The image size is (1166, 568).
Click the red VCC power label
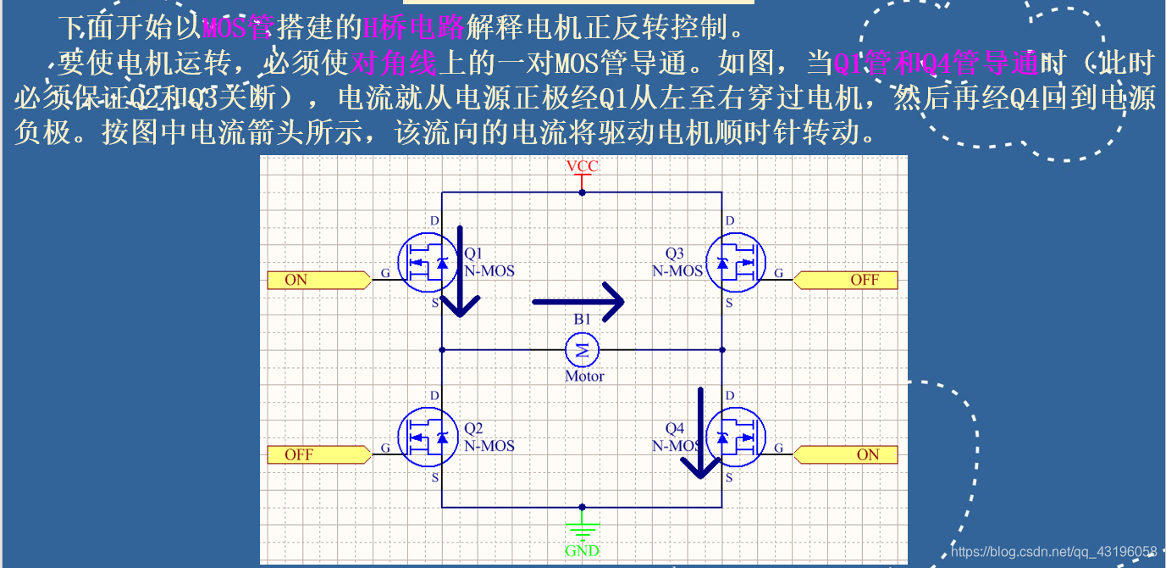pyautogui.click(x=582, y=166)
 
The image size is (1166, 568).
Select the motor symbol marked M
pyautogui.click(x=582, y=348)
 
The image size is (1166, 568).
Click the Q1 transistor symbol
pyautogui.click(x=428, y=263)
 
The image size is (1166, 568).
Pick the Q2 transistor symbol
pyautogui.click(x=428, y=437)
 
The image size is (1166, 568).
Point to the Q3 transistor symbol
pyautogui.click(x=735, y=263)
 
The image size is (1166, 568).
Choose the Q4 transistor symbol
pyautogui.click(x=735, y=437)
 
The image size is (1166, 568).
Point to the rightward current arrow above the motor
pyautogui.click(x=578, y=301)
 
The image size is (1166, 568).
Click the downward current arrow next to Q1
pyautogui.click(x=461, y=271)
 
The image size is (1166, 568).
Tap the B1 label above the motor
pyautogui.click(x=582, y=320)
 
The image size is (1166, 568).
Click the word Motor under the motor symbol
pyautogui.click(x=584, y=376)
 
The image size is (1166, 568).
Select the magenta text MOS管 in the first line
pyautogui.click(x=237, y=28)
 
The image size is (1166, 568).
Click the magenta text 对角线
pyautogui.click(x=393, y=62)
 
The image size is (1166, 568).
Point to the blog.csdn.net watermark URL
pyautogui.click(x=1053, y=551)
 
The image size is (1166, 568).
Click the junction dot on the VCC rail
pyautogui.click(x=582, y=192)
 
